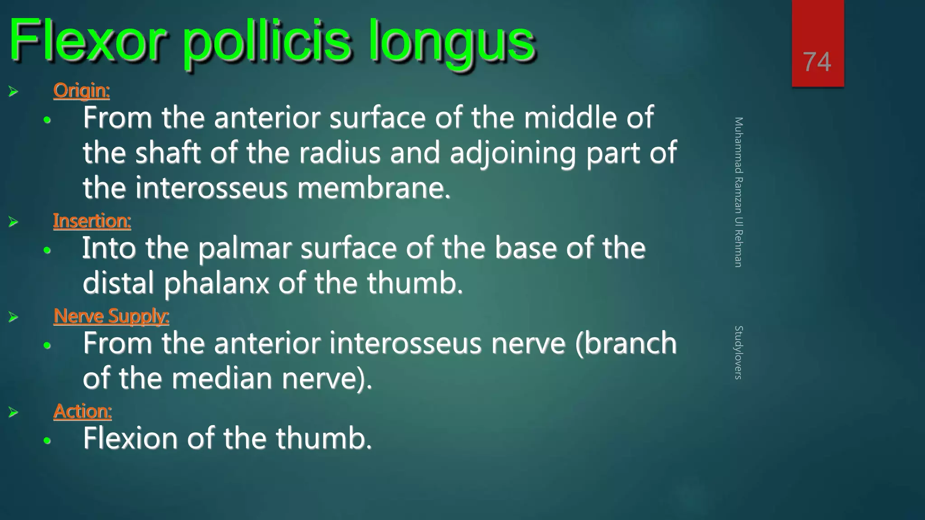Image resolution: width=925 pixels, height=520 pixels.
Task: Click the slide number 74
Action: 817,62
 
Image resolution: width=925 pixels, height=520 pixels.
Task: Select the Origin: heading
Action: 81,90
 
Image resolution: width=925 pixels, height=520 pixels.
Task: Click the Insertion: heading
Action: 92,221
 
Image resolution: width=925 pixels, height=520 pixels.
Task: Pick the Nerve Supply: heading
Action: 111,316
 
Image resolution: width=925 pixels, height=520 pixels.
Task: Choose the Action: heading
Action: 83,411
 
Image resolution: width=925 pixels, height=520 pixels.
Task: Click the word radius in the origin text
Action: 340,153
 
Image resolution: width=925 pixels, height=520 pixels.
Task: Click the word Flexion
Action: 130,438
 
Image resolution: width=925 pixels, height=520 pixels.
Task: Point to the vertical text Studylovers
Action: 738,352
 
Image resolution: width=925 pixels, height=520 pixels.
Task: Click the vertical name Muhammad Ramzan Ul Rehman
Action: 738,192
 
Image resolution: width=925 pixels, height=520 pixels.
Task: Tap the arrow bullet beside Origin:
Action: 13,92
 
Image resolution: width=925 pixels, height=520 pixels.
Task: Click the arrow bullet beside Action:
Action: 13,412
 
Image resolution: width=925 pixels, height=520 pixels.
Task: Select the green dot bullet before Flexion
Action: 47,441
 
